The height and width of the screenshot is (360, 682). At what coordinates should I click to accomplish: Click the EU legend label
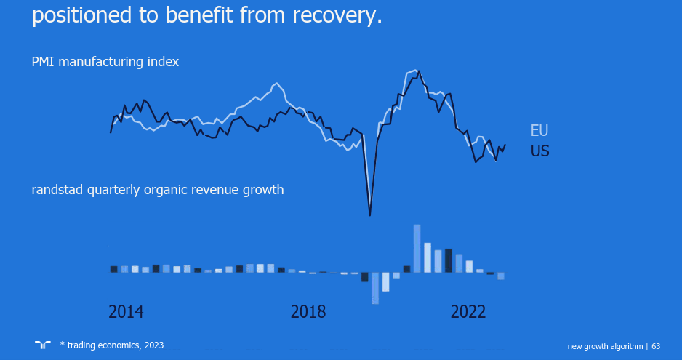click(x=539, y=131)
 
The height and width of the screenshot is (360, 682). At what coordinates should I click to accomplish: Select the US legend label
click(x=539, y=151)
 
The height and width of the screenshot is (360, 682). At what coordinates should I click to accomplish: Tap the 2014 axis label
click(x=126, y=312)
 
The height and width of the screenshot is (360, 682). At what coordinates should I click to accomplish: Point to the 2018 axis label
click(x=308, y=312)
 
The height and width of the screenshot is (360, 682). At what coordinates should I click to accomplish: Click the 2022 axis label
click(x=468, y=312)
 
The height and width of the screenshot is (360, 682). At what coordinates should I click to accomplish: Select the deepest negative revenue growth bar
click(x=375, y=288)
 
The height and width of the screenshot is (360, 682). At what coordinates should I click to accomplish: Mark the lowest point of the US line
click(x=370, y=215)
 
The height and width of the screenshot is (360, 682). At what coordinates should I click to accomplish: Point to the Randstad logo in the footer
click(x=42, y=344)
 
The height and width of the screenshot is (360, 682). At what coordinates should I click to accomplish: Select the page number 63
click(x=656, y=345)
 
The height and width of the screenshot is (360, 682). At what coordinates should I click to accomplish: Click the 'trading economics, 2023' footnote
click(x=115, y=345)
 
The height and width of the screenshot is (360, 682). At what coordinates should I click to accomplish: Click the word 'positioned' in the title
click(x=78, y=15)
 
